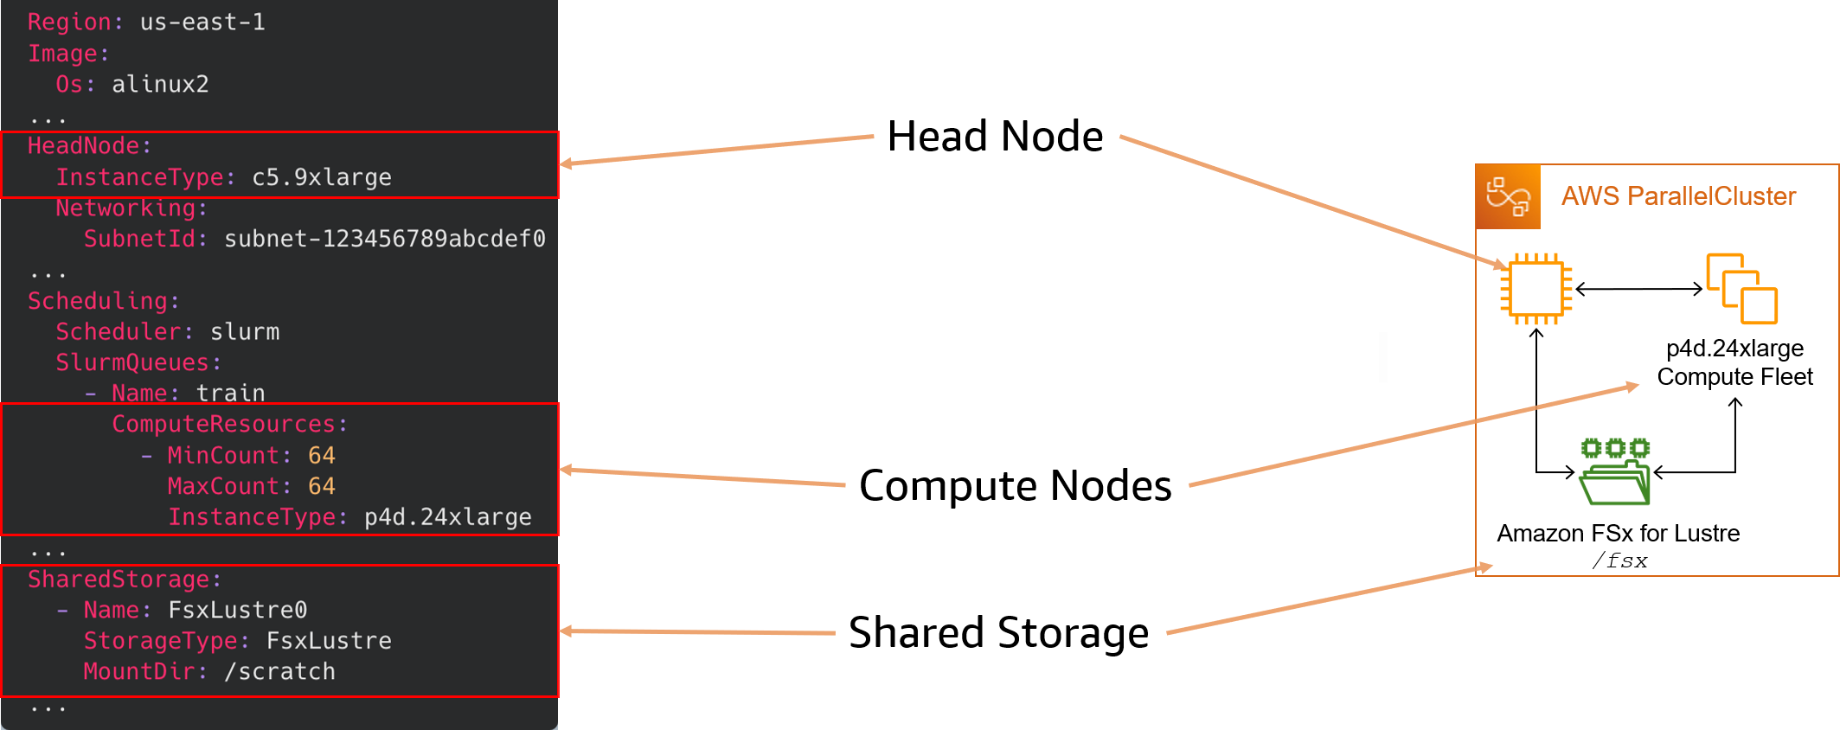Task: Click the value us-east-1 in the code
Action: [202, 22]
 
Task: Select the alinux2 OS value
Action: [160, 85]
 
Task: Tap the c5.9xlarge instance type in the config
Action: [321, 177]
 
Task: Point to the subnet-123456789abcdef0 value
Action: [384, 239]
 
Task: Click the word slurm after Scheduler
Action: [245, 332]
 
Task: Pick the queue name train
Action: [230, 394]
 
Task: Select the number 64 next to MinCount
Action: [321, 456]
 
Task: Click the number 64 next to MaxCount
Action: [321, 486]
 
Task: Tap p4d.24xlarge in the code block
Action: [447, 517]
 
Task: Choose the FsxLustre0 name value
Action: [237, 610]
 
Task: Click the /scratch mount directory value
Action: [279, 672]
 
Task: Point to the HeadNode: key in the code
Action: [89, 146]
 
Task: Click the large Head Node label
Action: [995, 137]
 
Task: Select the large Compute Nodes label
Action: [1015, 486]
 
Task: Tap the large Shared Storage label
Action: [998, 633]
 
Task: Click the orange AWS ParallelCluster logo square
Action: [1508, 197]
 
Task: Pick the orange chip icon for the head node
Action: [1535, 289]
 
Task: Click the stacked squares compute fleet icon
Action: [1741, 289]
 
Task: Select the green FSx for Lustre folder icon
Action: [1614, 473]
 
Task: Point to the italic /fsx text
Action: [1619, 561]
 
